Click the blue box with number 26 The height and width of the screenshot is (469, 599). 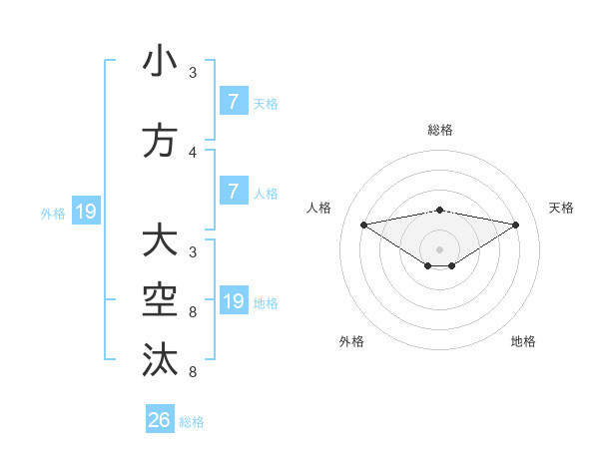[160, 420]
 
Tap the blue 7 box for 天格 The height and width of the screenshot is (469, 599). [233, 101]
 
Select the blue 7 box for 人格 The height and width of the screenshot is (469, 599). [233, 191]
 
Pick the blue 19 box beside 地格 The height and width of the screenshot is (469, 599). [233, 301]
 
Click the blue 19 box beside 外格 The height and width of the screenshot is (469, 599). [85, 212]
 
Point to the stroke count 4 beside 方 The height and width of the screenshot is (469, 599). [193, 153]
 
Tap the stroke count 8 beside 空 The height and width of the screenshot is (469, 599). [193, 312]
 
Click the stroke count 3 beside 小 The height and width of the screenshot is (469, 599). [193, 73]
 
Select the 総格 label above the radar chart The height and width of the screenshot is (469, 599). [439, 130]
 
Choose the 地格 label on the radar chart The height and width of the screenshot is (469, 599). [523, 341]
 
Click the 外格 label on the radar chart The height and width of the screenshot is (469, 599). [351, 341]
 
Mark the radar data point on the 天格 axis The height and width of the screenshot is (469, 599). [516, 225]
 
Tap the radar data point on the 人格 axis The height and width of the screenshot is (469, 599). [363, 225]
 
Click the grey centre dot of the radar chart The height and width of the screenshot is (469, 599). [439, 248]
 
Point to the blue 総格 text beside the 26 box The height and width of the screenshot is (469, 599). [192, 422]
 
